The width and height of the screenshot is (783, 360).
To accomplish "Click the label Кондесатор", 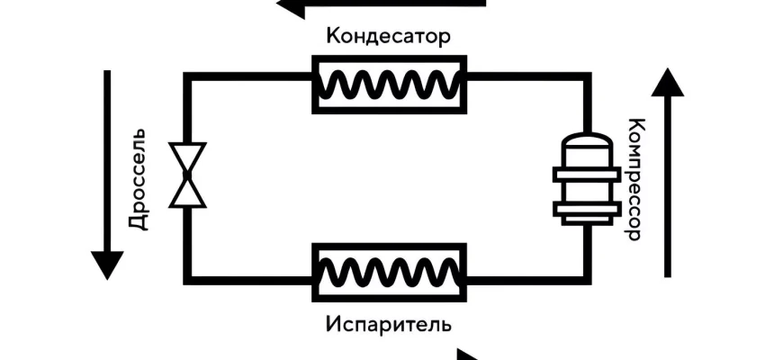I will (x=388, y=37).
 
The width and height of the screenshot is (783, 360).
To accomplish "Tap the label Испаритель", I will (x=389, y=321).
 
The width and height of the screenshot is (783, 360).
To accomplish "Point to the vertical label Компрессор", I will (x=634, y=179).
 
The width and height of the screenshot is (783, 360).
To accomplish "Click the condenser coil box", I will (x=389, y=84).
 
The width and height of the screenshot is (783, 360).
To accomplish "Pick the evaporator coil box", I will (x=389, y=271).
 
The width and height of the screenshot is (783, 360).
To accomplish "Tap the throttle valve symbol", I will (x=187, y=176).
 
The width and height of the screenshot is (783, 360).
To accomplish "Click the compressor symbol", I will (x=586, y=180).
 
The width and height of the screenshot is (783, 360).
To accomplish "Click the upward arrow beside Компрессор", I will (x=668, y=171).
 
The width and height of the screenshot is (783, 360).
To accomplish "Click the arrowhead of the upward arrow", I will (x=668, y=83).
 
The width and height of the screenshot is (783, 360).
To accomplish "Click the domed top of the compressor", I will (x=586, y=144).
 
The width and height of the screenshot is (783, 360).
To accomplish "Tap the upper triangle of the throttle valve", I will (x=187, y=160).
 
